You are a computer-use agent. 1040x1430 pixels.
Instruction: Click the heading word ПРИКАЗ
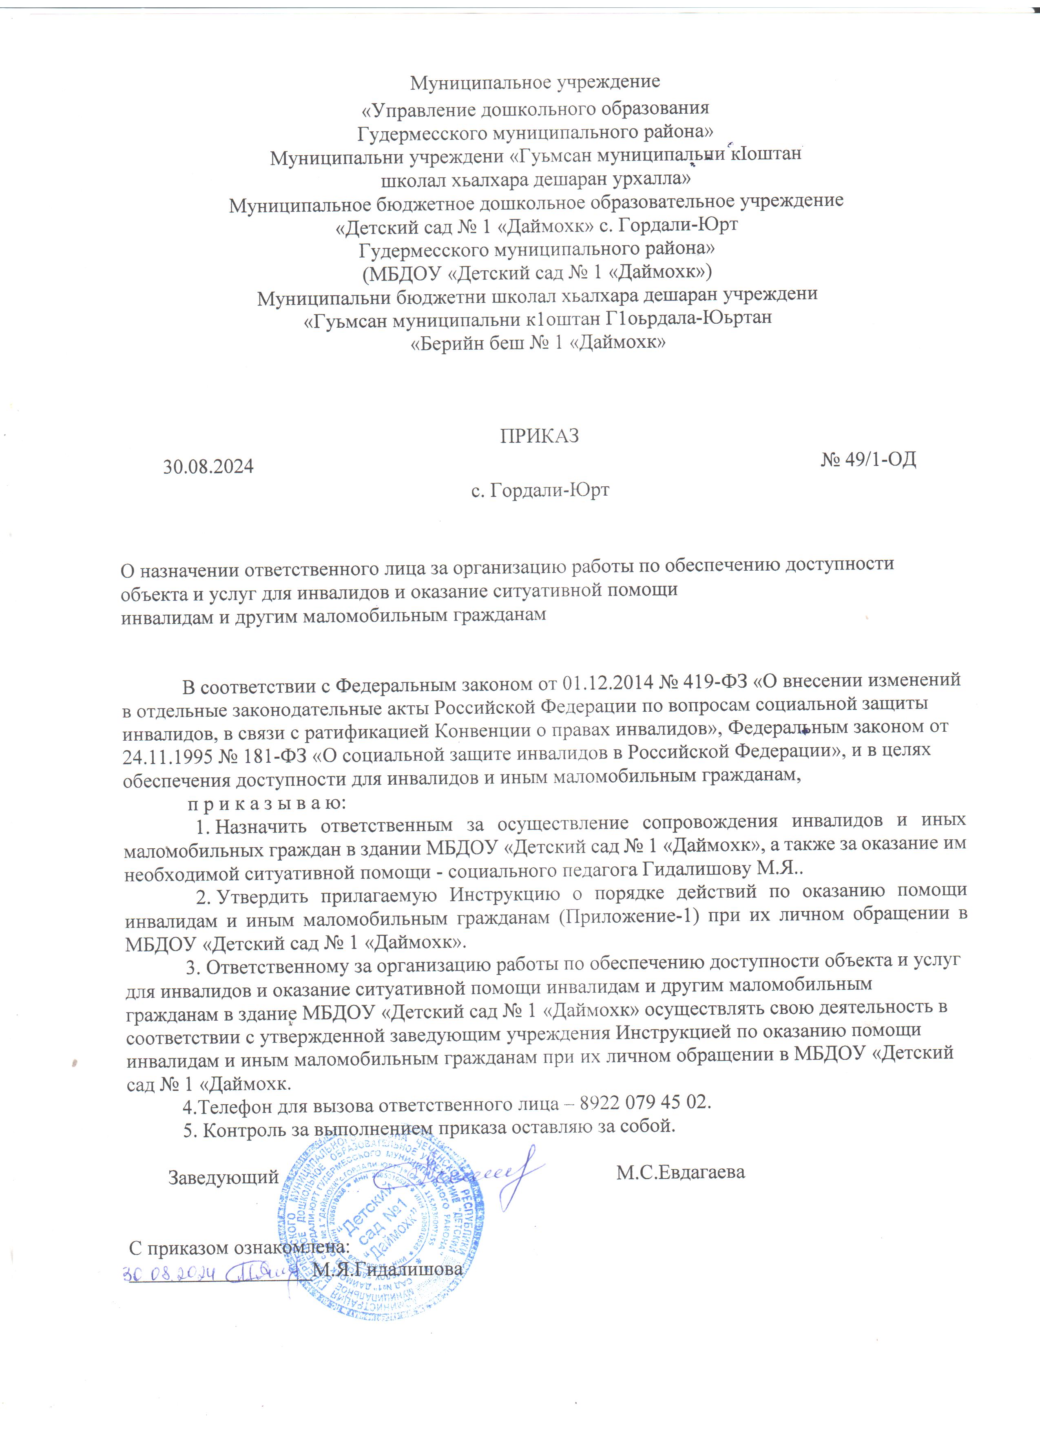click(x=539, y=436)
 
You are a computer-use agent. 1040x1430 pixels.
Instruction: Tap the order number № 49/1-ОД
click(x=868, y=460)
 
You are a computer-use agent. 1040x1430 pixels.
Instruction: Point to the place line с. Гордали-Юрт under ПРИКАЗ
click(x=540, y=490)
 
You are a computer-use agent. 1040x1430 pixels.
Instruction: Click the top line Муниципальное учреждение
click(x=535, y=82)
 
